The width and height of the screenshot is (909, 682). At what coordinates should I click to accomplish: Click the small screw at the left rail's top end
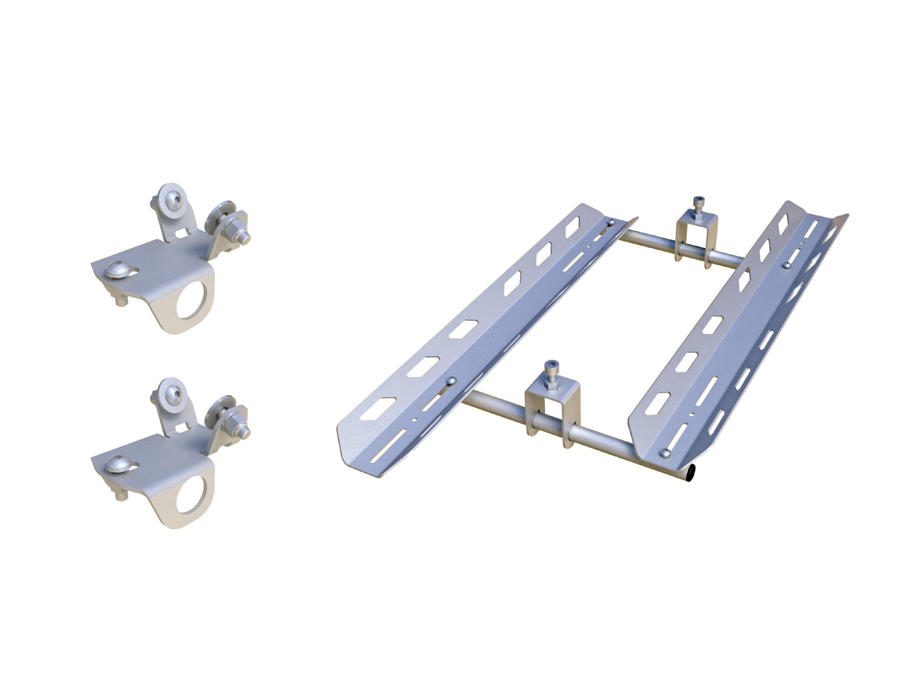tap(610, 222)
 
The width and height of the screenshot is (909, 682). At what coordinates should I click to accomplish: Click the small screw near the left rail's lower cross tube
tap(450, 380)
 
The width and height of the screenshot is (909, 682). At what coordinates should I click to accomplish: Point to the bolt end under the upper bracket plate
tap(121, 300)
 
